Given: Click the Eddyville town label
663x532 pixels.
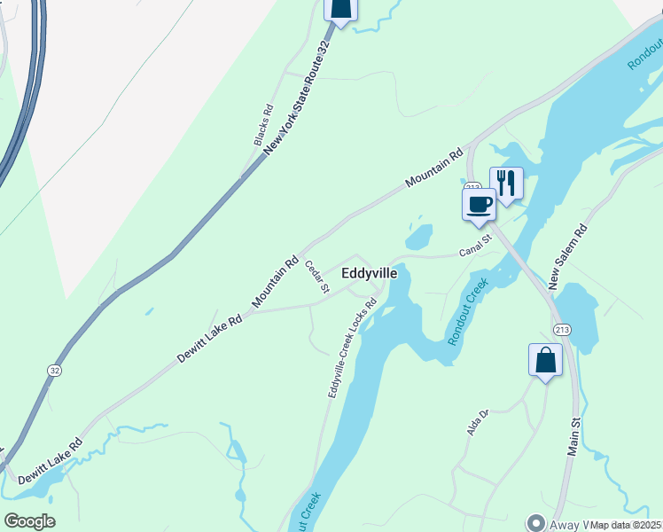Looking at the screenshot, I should [370, 274].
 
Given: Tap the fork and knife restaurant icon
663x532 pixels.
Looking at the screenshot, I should [506, 184].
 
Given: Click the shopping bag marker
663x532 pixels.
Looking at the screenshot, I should [546, 360].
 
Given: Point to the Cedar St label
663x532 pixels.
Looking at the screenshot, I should [317, 276].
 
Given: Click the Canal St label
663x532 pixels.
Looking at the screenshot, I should [475, 246].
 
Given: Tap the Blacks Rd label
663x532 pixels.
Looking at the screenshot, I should [263, 129].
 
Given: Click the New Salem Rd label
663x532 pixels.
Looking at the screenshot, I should [566, 257].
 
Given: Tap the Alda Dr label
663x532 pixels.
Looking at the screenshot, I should [479, 422].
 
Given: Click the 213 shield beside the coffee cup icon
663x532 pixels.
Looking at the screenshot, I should [472, 187].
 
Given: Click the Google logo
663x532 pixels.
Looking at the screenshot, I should [29, 521].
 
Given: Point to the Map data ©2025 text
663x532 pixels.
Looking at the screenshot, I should [626, 525].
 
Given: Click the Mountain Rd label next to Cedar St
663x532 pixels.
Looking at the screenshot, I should [276, 283].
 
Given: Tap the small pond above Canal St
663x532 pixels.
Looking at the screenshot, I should [419, 237].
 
